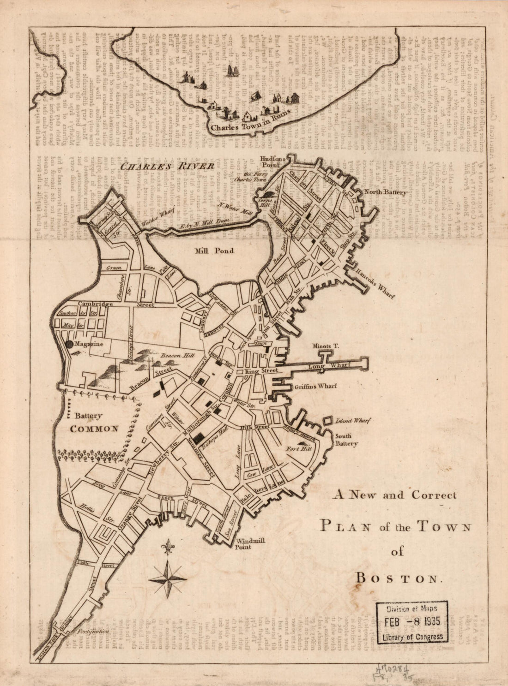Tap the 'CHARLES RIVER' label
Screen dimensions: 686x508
(x=166, y=166)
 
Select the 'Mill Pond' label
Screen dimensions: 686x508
(x=215, y=251)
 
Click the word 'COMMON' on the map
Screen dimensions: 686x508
(x=94, y=429)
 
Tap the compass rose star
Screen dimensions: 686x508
(x=168, y=578)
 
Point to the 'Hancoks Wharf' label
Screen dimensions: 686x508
(x=375, y=284)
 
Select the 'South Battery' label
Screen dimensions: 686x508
(x=346, y=440)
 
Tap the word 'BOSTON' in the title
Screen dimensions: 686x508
(x=398, y=578)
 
